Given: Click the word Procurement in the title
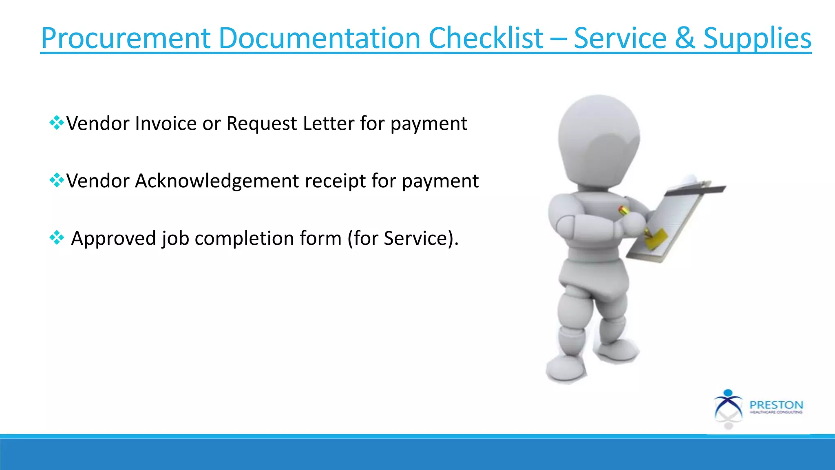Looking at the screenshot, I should (x=126, y=39).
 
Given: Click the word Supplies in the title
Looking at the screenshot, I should (x=757, y=39).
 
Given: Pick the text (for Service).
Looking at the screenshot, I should (x=402, y=238).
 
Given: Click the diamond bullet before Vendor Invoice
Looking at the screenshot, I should (x=57, y=122).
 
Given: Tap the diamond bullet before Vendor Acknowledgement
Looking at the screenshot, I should (x=57, y=180).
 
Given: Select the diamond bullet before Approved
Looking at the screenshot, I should (x=57, y=237).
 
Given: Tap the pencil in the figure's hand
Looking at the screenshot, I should (x=624, y=211).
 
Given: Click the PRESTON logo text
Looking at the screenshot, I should (x=776, y=405).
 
